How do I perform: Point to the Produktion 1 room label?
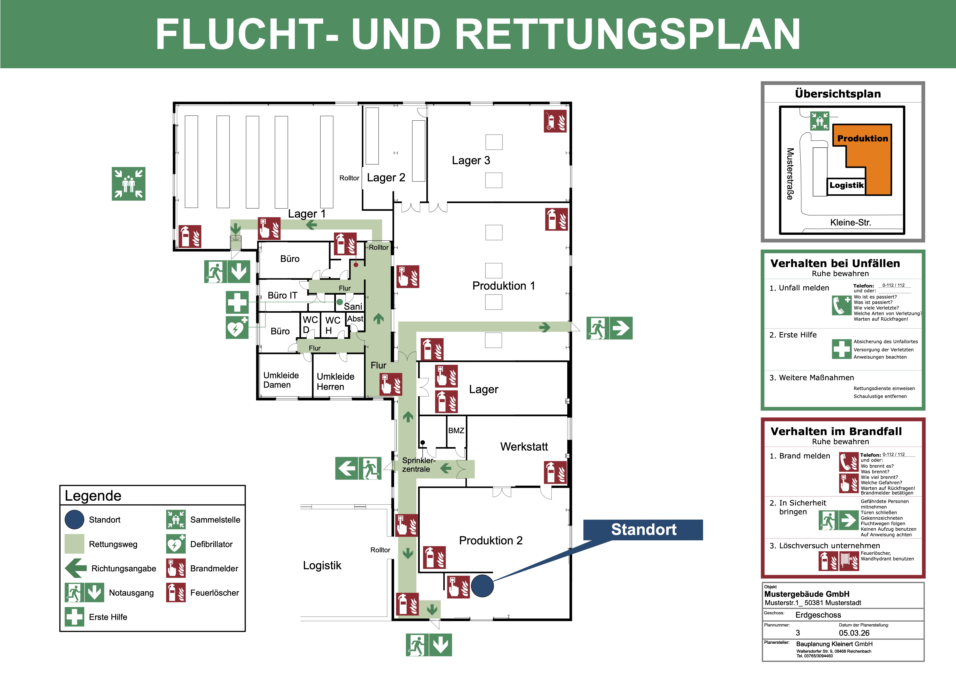click(x=503, y=286)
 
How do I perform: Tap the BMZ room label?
click(x=456, y=430)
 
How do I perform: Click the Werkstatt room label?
click(x=524, y=446)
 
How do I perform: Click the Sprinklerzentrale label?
click(x=418, y=464)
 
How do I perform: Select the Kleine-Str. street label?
click(x=850, y=222)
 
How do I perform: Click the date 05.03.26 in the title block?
click(x=854, y=633)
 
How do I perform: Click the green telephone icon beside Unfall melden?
click(x=842, y=305)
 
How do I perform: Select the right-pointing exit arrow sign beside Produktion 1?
click(x=621, y=328)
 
